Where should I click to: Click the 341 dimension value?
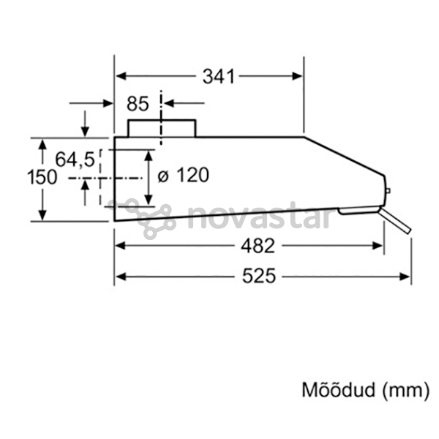218,76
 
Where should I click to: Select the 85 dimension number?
138,104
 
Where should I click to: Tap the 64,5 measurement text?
75,160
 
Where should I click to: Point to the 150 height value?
42,178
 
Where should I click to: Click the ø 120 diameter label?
184,176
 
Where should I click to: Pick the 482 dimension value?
258,246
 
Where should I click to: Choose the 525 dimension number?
259,276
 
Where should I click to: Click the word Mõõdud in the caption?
338,390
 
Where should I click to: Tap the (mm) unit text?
405,390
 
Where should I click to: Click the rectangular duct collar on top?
162,129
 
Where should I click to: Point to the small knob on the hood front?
388,191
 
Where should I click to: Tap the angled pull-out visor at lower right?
395,221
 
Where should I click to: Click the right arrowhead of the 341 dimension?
297,76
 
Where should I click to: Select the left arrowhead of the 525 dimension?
121,277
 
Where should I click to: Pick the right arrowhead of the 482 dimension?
378,246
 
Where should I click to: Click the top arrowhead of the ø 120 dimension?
149,155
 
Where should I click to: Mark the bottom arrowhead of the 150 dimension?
42,215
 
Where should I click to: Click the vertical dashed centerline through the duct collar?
161,118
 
